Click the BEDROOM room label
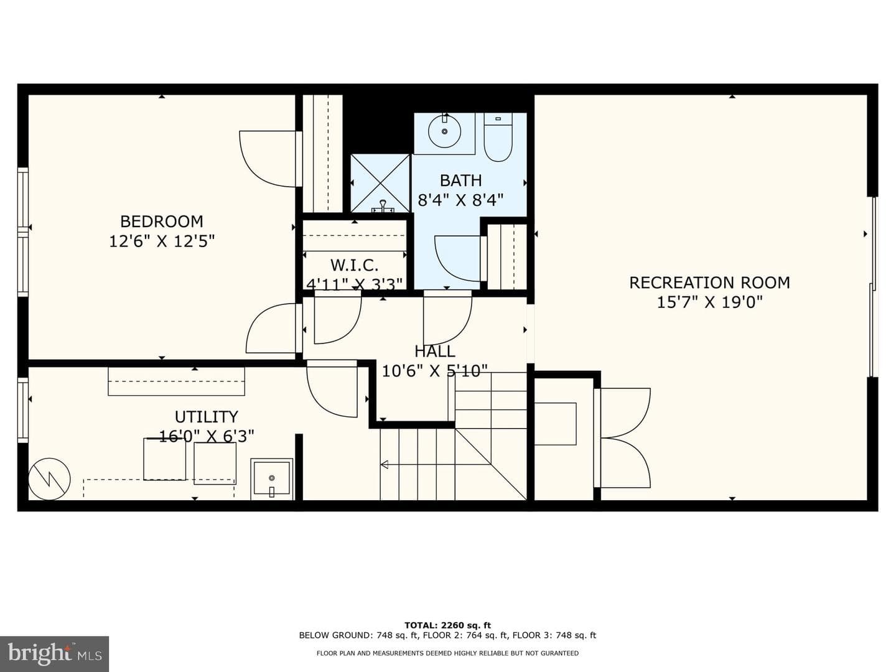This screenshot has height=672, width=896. pyautogui.click(x=162, y=222)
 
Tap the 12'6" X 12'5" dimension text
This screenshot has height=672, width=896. pyautogui.click(x=162, y=241)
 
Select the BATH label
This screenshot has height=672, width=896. pyautogui.click(x=461, y=180)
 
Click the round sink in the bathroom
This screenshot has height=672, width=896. pyautogui.click(x=444, y=131)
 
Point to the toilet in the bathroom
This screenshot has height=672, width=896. pyautogui.click(x=498, y=138)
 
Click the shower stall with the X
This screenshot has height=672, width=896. pyautogui.click(x=380, y=184)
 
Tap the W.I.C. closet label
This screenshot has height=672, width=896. pyautogui.click(x=354, y=266)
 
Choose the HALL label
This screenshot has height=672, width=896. pyautogui.click(x=435, y=352)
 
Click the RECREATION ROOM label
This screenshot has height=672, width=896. pyautogui.click(x=709, y=282)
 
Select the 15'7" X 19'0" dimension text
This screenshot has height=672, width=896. pyautogui.click(x=709, y=303)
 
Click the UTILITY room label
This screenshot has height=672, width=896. pyautogui.click(x=206, y=417)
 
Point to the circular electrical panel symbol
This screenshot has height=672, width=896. pyautogui.click(x=49, y=478)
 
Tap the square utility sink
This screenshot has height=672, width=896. pyautogui.click(x=272, y=478)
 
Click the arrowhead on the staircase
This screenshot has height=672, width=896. pyautogui.click(x=384, y=464)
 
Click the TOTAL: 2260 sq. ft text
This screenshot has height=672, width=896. pyautogui.click(x=447, y=625)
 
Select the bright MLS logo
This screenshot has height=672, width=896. pyautogui.click(x=54, y=653)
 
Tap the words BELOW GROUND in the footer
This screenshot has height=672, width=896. pyautogui.click(x=334, y=635)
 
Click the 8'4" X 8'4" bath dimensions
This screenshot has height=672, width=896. pyautogui.click(x=461, y=200)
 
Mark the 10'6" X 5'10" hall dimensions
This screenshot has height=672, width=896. pyautogui.click(x=435, y=371)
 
